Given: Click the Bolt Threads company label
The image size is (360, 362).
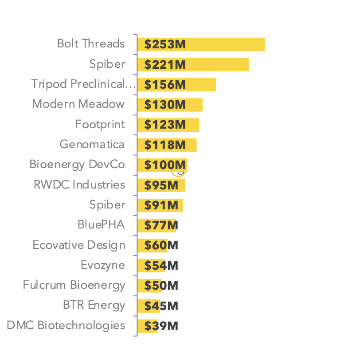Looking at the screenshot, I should click(91, 44).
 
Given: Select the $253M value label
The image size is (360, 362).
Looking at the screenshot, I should click(164, 44).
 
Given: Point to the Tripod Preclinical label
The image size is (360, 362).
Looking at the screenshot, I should click(83, 84).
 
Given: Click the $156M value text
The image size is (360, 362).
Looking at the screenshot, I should click(164, 85).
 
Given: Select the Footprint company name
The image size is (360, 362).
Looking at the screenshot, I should click(100, 125).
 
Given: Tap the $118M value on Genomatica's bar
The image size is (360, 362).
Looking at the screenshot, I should click(164, 145).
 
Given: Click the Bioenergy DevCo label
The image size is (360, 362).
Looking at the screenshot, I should click(77, 165).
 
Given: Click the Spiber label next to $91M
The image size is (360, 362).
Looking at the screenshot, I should click(108, 205).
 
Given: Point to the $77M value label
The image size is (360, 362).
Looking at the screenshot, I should click(161, 225).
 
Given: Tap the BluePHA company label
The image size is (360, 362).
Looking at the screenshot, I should click(101, 225).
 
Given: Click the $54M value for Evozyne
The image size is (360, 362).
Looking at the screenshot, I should click(161, 266).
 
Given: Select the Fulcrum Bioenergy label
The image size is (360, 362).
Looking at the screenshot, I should click(74, 285).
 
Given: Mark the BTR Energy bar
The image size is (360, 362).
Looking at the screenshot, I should click(149, 306).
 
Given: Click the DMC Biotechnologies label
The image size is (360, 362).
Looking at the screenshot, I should click(66, 326).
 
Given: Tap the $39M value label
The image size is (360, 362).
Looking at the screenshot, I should click(161, 326).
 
